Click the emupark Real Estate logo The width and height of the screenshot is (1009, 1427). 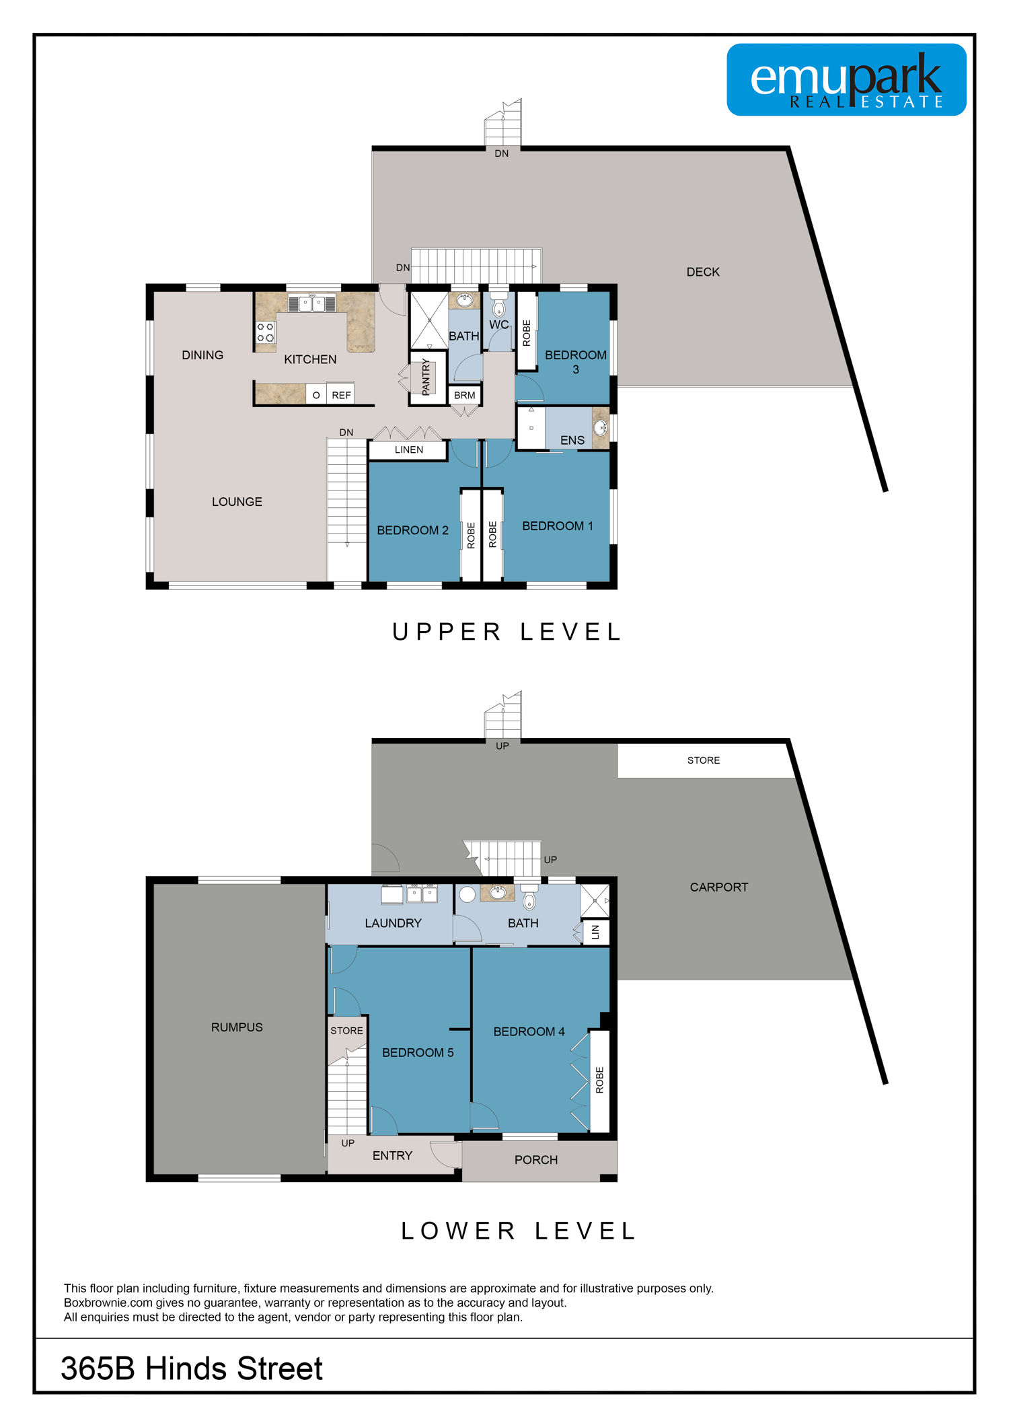[x=846, y=79]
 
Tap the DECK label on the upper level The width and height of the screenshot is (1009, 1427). [x=703, y=272]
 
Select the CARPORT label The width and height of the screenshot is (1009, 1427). [x=719, y=887]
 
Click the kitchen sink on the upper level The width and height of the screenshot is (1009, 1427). [x=311, y=303]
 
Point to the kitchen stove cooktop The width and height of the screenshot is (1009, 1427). [x=266, y=332]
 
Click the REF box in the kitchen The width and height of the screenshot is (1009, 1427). [x=341, y=395]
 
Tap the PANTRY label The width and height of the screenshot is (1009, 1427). [x=426, y=377]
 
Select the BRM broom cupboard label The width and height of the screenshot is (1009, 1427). [x=464, y=395]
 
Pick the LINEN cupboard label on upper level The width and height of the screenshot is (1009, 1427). [x=409, y=449]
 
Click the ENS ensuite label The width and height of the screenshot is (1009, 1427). [x=572, y=440]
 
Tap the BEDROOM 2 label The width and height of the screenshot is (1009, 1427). [x=412, y=530]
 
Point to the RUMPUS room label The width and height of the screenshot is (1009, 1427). [x=237, y=1027]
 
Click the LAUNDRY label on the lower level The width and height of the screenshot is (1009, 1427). [x=393, y=923]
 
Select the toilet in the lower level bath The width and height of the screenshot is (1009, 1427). [x=529, y=897]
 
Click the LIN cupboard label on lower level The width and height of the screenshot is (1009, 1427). [x=595, y=932]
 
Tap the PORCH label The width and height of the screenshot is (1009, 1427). [x=536, y=1160]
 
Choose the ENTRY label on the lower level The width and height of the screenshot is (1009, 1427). [x=392, y=1155]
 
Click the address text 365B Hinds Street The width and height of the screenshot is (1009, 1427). [x=192, y=1368]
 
